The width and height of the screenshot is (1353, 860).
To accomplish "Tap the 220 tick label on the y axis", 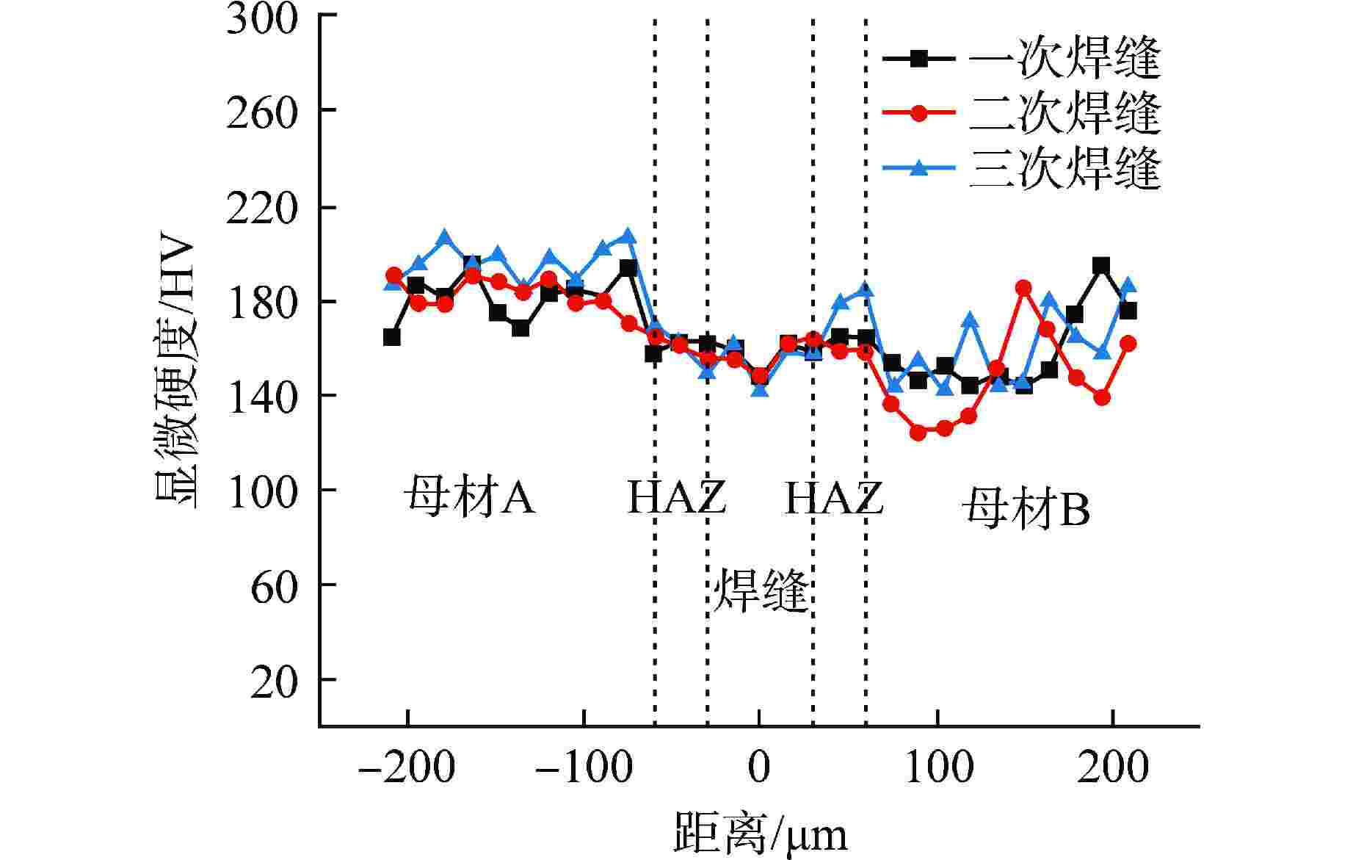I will coord(262,209).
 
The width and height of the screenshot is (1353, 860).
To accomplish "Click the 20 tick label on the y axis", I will coord(274,682).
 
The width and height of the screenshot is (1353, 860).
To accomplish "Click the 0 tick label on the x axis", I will coord(759,767).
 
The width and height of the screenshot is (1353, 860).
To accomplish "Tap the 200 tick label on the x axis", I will coord(1112,767).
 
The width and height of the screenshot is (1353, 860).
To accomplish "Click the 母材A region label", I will coord(468,497).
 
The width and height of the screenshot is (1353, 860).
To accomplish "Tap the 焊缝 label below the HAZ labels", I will coord(761,589).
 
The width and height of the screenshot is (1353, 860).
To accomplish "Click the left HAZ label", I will coord(676,497).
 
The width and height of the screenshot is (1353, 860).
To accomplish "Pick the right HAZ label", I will coord(833,497).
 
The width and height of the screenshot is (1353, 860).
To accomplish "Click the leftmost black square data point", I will coord(391,337).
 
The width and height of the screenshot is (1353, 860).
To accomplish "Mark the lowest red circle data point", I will coord(918,433).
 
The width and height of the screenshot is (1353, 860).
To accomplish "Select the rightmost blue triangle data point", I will coord(1128,285).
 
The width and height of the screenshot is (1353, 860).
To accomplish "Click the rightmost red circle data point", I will coord(1128,343).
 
